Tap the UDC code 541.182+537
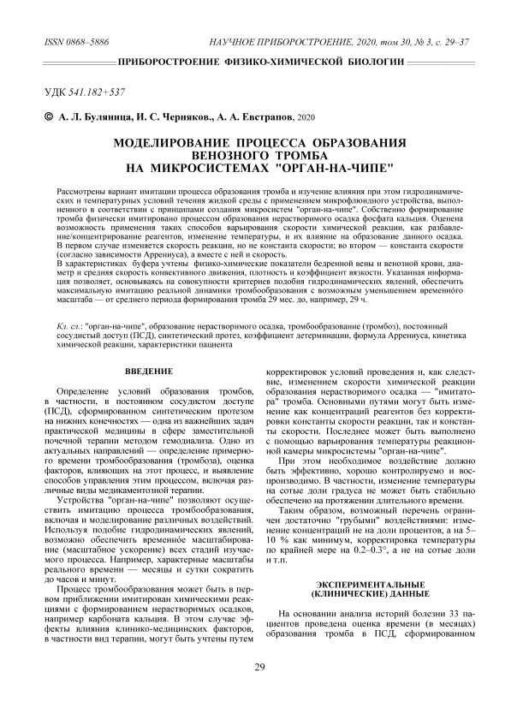(x=107, y=91)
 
